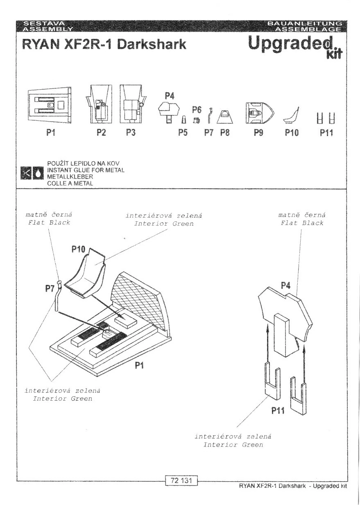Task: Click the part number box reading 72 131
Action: coord(181,480)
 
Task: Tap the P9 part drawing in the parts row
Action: coord(260,113)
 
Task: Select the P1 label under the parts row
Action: coord(51,132)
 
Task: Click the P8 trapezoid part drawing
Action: coord(225,117)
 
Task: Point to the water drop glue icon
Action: coord(38,173)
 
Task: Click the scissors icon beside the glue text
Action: coord(26,173)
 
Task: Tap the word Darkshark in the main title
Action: coord(152,44)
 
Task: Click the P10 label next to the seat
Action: coord(78,249)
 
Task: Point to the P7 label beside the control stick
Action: coord(50,289)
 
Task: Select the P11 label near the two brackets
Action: coord(278,410)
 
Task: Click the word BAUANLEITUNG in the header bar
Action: coord(305,23)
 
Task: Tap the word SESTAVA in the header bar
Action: coord(44,23)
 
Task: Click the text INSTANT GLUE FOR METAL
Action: coord(86,170)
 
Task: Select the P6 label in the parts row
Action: coord(197,110)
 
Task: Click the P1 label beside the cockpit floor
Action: coord(139,365)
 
